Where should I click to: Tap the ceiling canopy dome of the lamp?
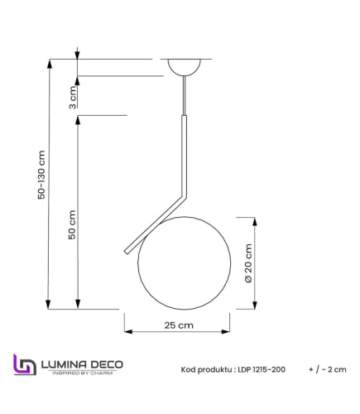click(183, 66)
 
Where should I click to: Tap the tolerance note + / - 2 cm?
click(326, 369)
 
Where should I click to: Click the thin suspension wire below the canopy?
click(183, 96)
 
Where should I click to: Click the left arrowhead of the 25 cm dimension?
click(127, 332)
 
